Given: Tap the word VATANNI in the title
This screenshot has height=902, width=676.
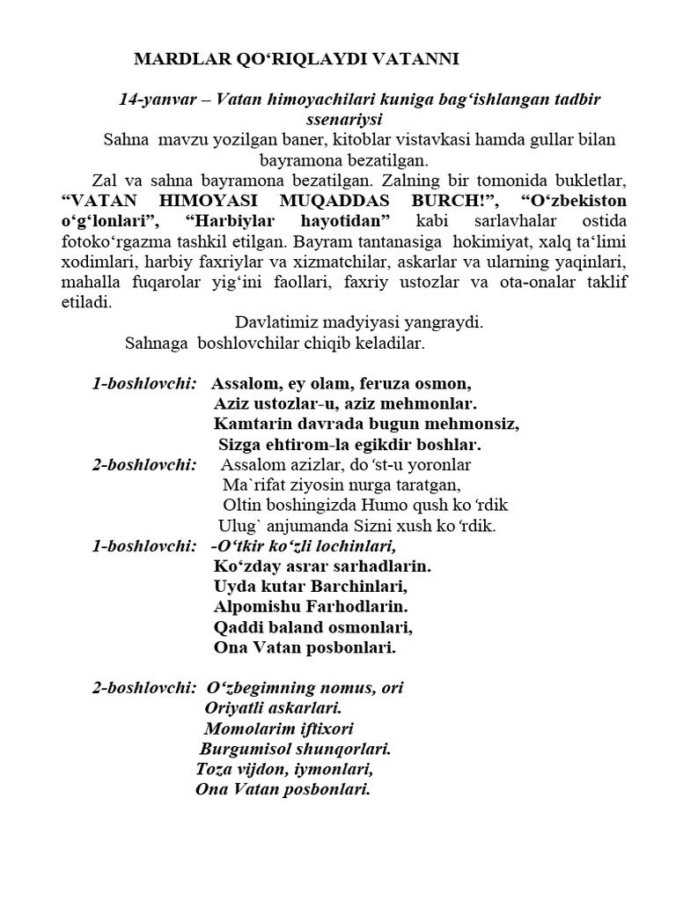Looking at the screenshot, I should coord(415,59).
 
